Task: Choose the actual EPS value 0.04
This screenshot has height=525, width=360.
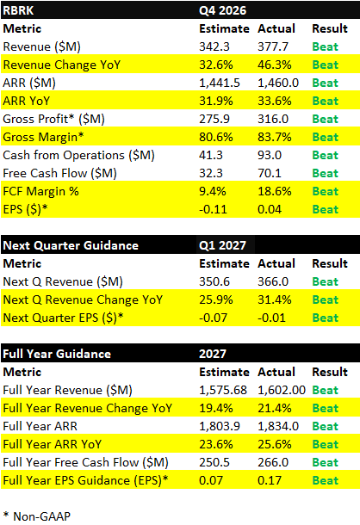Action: click(271, 209)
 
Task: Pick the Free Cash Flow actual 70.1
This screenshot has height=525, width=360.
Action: click(272, 173)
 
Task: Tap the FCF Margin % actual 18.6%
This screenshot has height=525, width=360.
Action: click(275, 191)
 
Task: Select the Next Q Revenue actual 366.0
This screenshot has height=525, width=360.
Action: click(275, 281)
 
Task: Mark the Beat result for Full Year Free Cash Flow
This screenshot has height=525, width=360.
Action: click(325, 462)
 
